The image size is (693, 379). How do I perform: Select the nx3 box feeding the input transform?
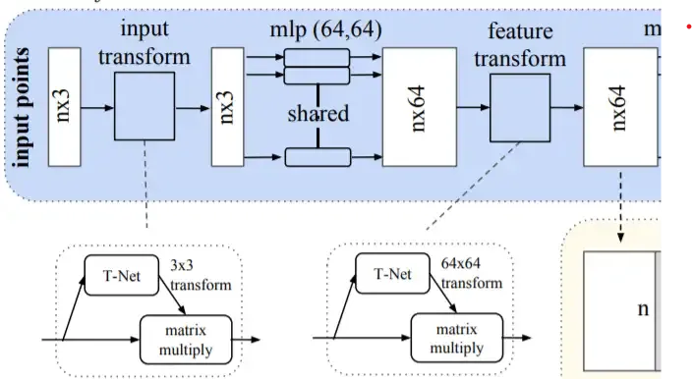(x=64, y=110)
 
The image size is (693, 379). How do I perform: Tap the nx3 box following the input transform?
(x=227, y=110)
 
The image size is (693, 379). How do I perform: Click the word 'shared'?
(x=318, y=114)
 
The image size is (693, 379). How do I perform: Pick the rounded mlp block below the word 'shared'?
(x=318, y=155)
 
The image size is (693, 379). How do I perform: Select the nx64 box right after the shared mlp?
(x=418, y=109)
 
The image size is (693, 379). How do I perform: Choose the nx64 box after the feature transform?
(x=619, y=109)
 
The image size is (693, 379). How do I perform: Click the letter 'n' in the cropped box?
(x=643, y=308)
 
